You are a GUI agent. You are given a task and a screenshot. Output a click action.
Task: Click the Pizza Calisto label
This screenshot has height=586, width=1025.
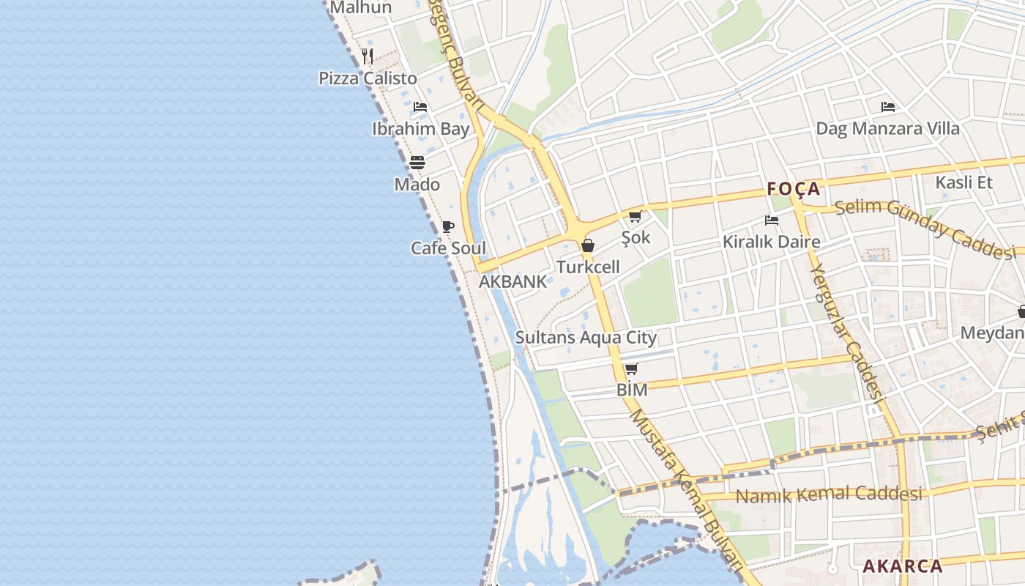[368, 78]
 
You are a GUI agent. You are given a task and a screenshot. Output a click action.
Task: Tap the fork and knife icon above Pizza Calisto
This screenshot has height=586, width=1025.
[368, 55]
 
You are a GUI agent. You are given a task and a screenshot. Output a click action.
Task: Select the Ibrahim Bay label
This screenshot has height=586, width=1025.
[420, 129]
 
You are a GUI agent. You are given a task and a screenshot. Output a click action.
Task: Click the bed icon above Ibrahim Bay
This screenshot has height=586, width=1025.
[420, 107]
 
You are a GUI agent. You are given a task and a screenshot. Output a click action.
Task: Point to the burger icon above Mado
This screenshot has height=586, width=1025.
[417, 162]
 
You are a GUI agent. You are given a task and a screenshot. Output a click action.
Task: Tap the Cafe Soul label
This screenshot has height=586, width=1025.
[448, 248]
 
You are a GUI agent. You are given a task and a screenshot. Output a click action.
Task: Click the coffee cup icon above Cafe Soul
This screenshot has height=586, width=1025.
[448, 226]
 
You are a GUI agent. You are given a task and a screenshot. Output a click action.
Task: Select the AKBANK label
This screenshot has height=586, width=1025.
[512, 281]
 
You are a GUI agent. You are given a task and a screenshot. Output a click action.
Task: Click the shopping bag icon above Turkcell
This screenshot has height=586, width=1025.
[588, 245]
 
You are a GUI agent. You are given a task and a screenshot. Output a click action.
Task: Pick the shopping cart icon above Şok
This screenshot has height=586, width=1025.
[635, 216]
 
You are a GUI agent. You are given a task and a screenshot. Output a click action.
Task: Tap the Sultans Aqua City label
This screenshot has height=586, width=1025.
[586, 338]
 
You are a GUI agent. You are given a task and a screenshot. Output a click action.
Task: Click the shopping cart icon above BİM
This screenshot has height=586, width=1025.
[632, 368]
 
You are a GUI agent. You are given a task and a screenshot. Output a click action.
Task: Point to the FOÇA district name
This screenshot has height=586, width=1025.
[794, 189]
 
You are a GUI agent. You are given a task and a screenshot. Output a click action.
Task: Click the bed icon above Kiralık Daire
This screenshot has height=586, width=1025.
[771, 220]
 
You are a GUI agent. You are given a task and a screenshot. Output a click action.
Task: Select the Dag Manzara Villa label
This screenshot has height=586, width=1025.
[887, 129]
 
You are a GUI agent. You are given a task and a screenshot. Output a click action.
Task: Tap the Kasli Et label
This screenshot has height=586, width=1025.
[964, 182]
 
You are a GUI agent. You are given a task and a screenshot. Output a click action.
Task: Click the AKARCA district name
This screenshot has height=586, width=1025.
[903, 566]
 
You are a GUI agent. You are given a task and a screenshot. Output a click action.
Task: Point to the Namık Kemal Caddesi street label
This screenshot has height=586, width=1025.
[829, 495]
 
